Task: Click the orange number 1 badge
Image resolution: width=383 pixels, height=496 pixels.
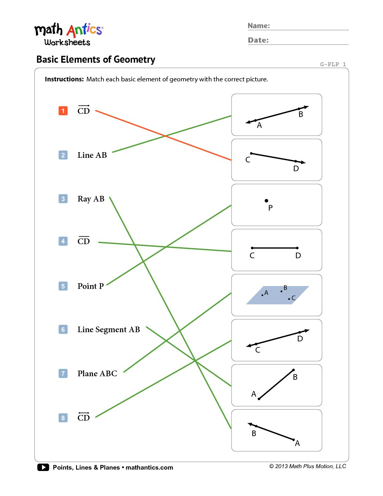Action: click(x=63, y=111)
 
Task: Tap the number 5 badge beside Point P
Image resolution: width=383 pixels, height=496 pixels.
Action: click(x=63, y=286)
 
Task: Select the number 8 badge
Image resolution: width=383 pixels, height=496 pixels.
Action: click(x=63, y=418)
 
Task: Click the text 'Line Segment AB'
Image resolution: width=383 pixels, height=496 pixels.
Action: click(x=108, y=330)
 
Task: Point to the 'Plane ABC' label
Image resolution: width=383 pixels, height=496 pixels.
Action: click(x=97, y=373)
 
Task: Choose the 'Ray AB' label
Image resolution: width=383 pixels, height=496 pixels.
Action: click(x=91, y=199)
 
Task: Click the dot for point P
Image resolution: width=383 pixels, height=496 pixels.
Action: click(x=266, y=201)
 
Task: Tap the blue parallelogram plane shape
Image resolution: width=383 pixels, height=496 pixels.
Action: click(x=277, y=295)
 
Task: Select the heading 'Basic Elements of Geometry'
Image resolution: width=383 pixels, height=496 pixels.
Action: click(x=96, y=60)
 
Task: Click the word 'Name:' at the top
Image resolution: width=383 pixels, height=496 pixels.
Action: click(x=259, y=26)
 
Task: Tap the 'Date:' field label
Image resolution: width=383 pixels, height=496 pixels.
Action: click(x=258, y=40)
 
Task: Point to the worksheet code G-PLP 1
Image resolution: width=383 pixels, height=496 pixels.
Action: click(x=333, y=64)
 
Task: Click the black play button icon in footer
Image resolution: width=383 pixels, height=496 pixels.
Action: click(x=43, y=467)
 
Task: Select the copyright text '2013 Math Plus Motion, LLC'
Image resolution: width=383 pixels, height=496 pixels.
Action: click(x=310, y=466)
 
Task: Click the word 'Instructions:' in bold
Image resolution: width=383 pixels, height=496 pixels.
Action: click(x=64, y=79)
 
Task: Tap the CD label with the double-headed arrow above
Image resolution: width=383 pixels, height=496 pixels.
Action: click(x=83, y=417)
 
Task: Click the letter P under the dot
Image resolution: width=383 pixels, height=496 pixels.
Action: click(x=270, y=208)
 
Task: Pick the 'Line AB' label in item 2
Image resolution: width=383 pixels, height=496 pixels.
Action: click(x=92, y=155)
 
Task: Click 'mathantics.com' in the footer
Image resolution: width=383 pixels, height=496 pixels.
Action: click(x=149, y=467)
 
